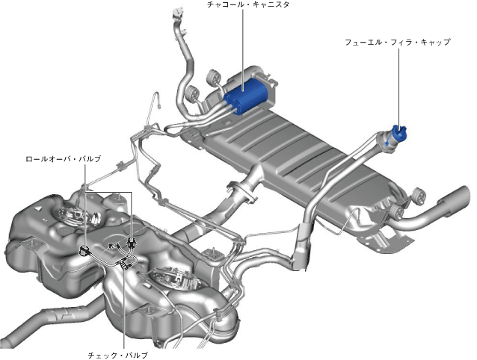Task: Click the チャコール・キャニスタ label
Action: coord(247,4)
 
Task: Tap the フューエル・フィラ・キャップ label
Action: coord(397,43)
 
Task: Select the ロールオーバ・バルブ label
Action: coord(64,159)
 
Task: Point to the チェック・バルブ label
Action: coord(117,355)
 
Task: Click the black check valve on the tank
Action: coord(125,262)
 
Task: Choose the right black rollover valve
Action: coord(131,242)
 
